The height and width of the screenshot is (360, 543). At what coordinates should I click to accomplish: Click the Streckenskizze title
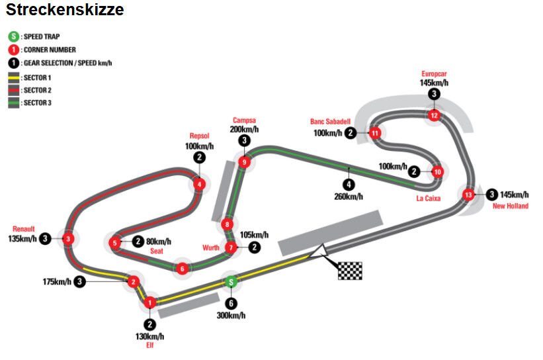pos(65,9)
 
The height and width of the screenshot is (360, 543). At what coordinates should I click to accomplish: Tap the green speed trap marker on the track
pos(231,282)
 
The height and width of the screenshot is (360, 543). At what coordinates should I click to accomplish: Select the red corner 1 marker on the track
pos(150,303)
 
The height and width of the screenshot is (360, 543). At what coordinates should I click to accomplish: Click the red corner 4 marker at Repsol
pos(199,185)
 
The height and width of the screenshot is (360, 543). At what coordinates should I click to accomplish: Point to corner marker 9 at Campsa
pos(245,162)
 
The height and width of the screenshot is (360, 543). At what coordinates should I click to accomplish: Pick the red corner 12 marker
pos(434,115)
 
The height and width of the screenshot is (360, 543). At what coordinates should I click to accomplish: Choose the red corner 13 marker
pos(468,195)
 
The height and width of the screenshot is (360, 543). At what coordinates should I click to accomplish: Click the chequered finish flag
pos(350,271)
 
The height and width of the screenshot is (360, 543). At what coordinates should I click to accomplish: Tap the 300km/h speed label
pos(231,315)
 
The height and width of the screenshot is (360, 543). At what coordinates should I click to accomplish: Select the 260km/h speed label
pos(349,197)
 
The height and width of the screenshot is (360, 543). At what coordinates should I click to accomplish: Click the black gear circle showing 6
pos(231,304)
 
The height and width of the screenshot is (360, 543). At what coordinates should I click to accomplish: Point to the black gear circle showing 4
pos(349,185)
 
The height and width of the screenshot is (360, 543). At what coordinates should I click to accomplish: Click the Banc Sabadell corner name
pos(331,121)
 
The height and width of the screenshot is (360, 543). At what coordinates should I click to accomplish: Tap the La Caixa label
pos(429,198)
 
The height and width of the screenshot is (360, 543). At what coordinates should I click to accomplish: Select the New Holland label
pos(511,206)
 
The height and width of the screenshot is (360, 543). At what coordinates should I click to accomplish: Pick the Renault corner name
pos(24,229)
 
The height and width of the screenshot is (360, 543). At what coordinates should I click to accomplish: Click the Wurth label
pos(211,247)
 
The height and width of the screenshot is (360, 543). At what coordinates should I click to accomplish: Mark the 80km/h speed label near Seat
pos(159,241)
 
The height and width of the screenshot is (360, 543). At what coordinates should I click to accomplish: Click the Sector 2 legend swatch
pos(13,90)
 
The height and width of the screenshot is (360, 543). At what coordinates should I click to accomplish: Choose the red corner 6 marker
pos(182,268)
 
